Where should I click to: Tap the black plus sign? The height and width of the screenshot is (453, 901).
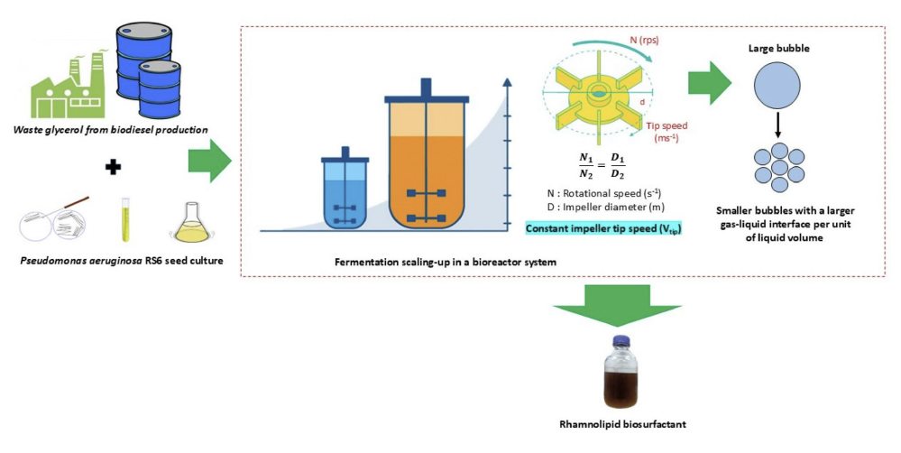click(x=113, y=167)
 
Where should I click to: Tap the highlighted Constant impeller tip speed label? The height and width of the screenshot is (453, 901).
click(x=602, y=227)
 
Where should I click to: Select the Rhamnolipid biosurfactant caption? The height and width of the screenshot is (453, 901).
click(x=619, y=423)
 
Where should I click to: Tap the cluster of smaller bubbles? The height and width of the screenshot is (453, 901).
click(x=777, y=170)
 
